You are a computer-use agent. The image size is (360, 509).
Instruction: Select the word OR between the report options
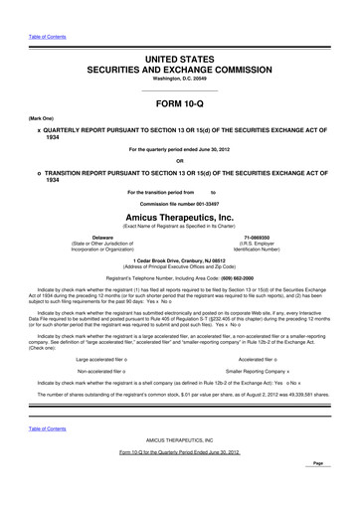pyautogui.click(x=180, y=162)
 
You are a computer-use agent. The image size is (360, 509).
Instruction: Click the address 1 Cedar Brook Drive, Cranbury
pyautogui.click(x=180, y=260)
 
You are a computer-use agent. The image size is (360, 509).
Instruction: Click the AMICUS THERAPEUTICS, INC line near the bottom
pyautogui.click(x=180, y=438)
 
